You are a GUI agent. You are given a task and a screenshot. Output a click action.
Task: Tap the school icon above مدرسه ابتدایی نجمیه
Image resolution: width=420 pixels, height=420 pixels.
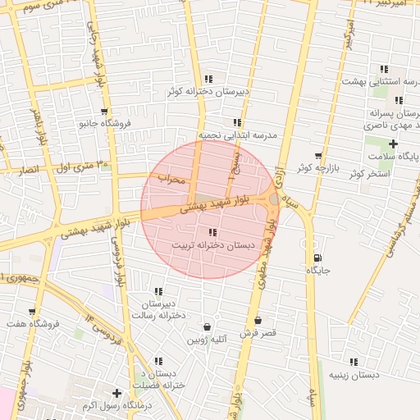point(237,122)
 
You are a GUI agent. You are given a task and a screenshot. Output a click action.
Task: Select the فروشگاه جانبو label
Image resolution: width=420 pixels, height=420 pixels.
point(104,124)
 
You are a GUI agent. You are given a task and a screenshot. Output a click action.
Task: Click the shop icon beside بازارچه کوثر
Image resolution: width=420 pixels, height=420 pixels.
point(318,156)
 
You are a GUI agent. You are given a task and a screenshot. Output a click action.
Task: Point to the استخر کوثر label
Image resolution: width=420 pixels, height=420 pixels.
point(367,174)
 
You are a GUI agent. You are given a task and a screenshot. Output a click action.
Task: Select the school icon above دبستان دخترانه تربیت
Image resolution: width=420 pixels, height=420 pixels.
point(213,233)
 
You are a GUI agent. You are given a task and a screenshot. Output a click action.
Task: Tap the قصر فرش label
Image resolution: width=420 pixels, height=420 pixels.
point(259,333)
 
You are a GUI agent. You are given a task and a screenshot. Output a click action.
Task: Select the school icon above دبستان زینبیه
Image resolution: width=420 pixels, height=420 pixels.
point(354,362)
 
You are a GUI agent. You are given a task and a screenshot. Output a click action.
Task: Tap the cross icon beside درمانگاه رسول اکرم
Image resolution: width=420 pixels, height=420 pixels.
point(116,394)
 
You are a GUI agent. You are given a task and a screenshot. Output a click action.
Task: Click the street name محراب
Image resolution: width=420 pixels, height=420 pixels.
point(171,178)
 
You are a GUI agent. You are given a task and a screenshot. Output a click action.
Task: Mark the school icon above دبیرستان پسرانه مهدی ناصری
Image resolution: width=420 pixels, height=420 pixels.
point(398,100)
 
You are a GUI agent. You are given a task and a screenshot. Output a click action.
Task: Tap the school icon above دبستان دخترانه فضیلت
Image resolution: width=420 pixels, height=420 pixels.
point(158,361)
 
